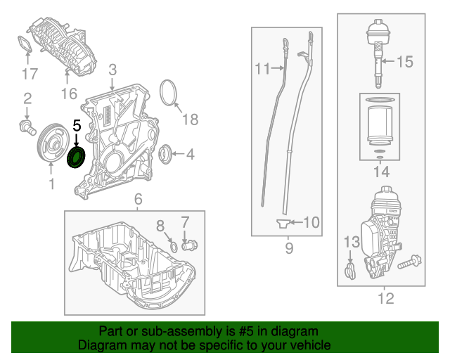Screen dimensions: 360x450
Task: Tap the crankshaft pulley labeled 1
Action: point(51,145)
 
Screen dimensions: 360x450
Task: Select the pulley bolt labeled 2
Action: point(27,127)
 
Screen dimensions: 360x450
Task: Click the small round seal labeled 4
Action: point(166,152)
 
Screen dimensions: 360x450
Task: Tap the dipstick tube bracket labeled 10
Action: point(283,224)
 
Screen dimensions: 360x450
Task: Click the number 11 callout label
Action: point(262,69)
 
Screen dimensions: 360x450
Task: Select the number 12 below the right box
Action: point(385,300)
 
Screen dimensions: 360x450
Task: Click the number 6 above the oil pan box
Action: point(138,199)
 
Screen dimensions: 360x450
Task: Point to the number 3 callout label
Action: point(112,70)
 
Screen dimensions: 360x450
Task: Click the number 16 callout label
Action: point(68,94)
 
